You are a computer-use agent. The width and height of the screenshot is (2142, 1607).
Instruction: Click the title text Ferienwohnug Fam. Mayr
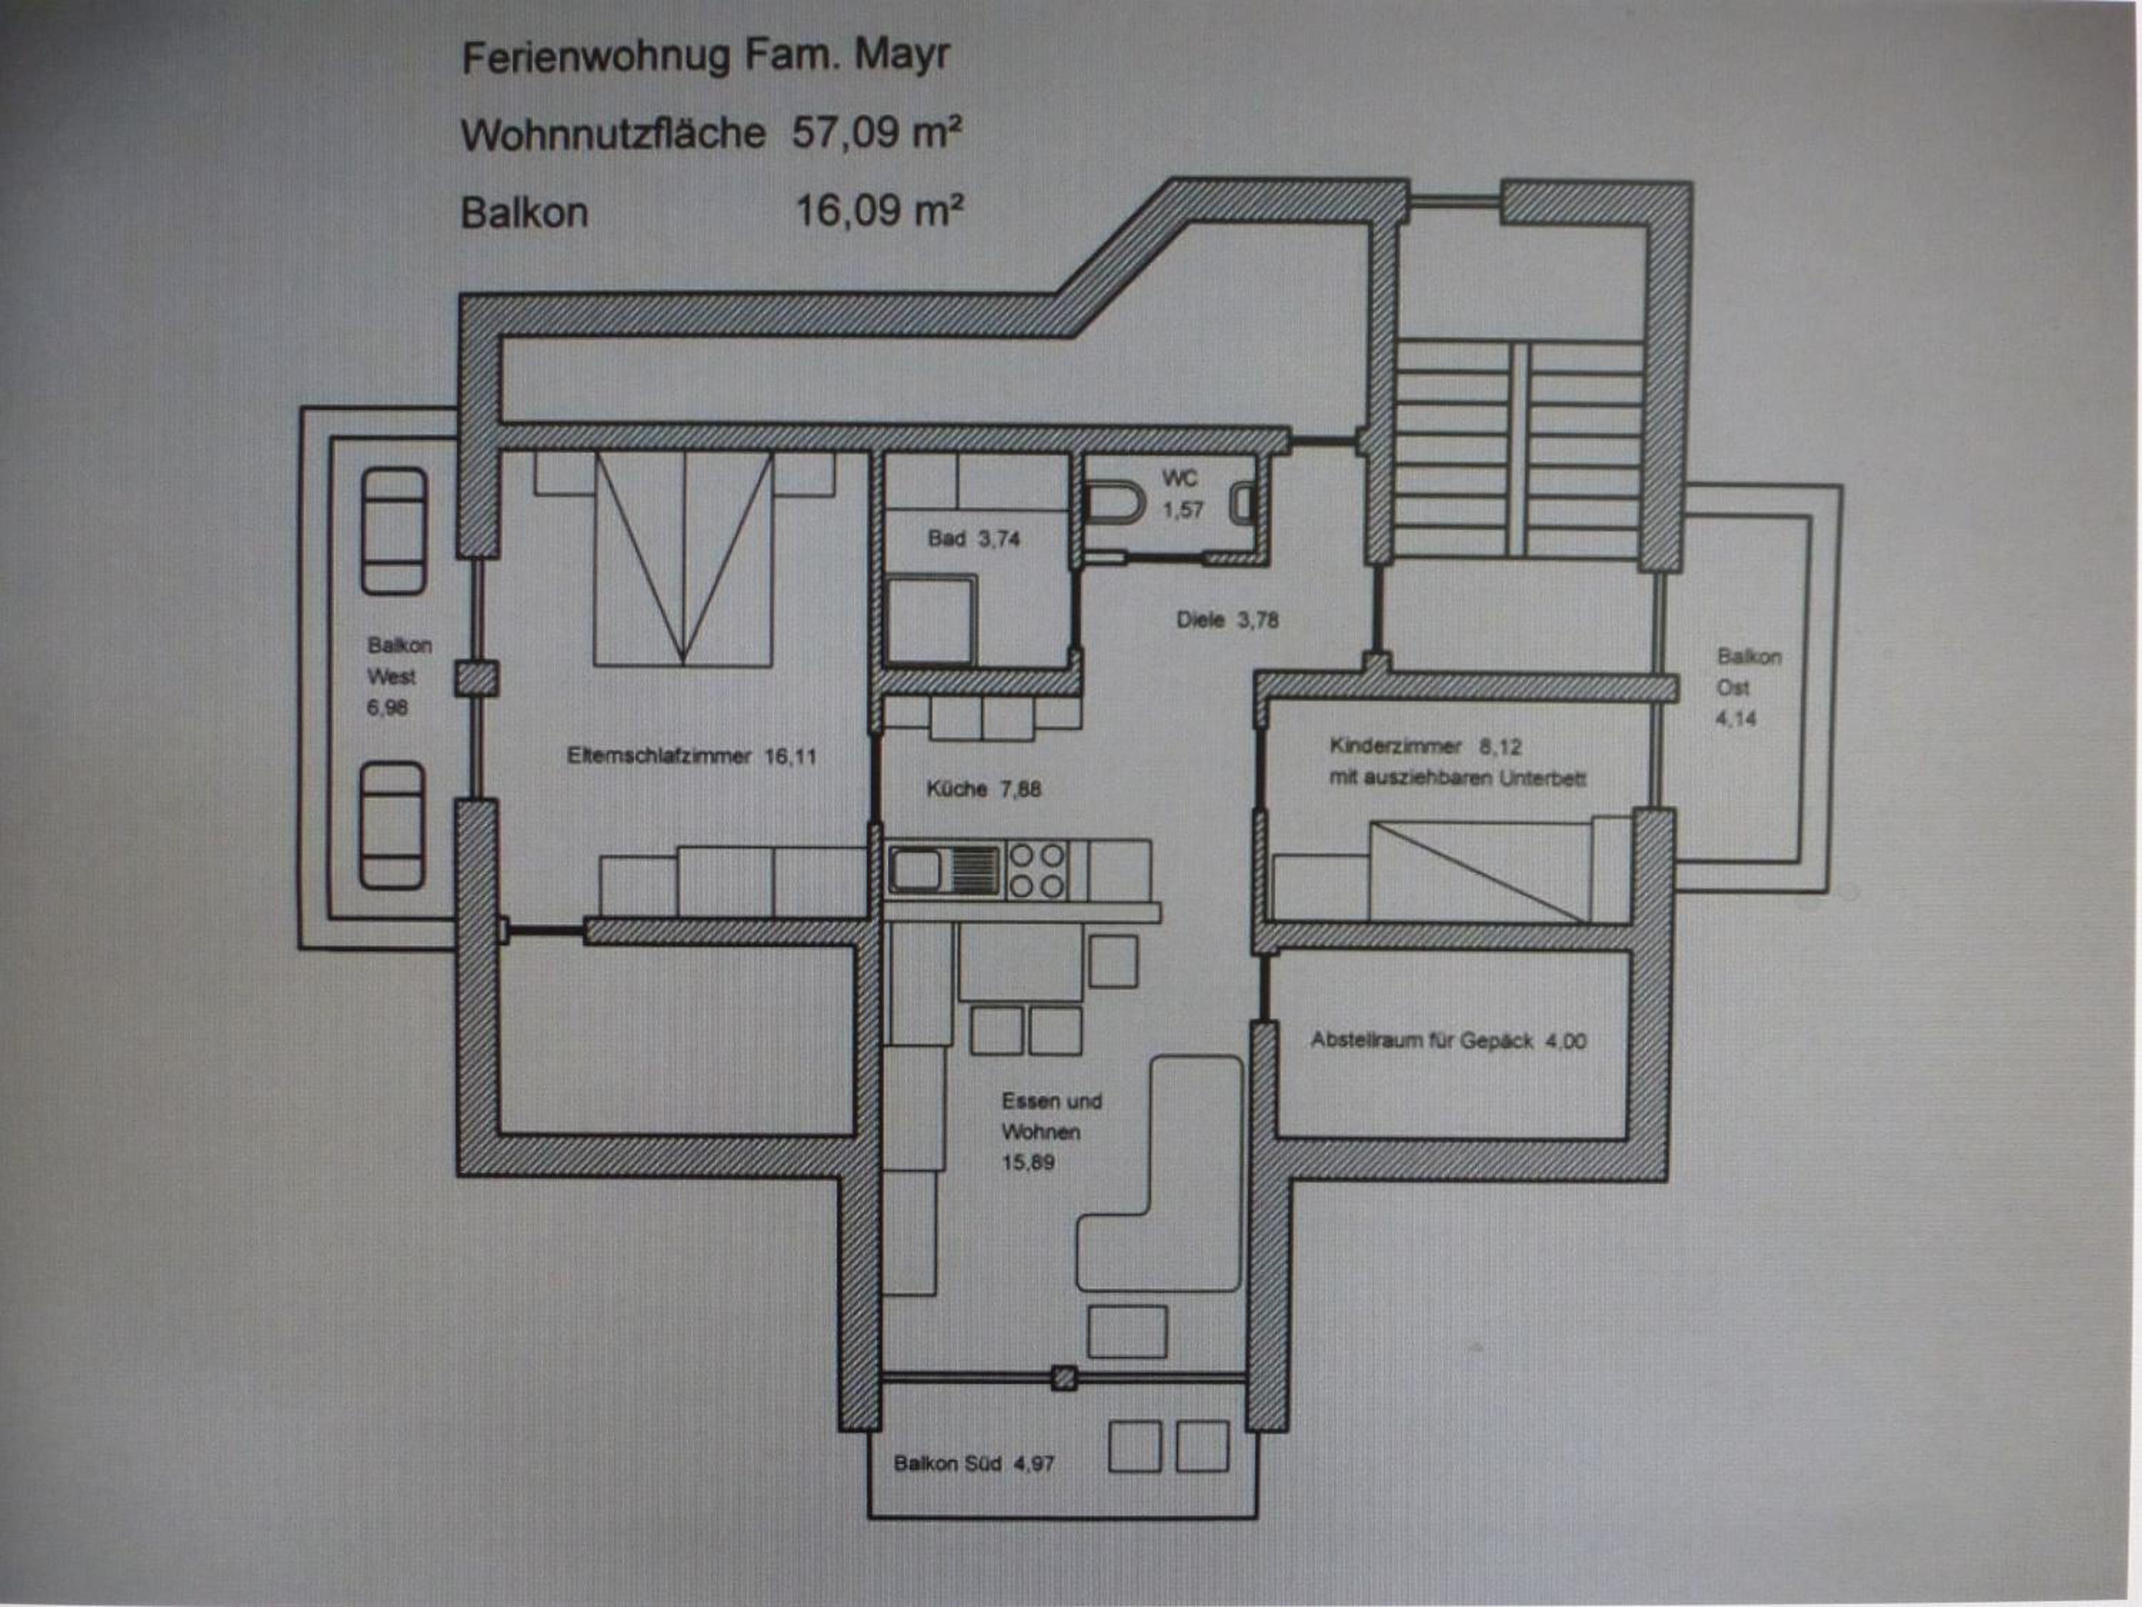click(x=706, y=56)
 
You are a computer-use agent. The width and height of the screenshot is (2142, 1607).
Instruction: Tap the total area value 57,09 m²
click(x=878, y=131)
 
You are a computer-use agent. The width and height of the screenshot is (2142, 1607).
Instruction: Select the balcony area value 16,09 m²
click(x=879, y=209)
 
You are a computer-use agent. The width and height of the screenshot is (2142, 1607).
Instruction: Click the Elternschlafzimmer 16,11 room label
click(x=691, y=756)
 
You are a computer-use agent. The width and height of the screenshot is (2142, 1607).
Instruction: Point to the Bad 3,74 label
click(x=973, y=539)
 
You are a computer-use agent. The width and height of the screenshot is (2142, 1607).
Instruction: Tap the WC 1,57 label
click(x=1182, y=493)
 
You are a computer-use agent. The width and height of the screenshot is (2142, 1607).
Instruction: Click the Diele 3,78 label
click(x=1227, y=619)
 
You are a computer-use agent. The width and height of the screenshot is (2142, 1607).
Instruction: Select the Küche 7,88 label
click(x=983, y=789)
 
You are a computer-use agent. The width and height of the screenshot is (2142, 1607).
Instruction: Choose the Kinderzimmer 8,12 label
click(x=1424, y=746)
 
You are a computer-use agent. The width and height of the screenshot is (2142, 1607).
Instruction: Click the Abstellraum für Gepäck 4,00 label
click(x=1448, y=1041)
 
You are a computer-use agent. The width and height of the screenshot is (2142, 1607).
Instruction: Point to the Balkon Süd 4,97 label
click(x=973, y=1463)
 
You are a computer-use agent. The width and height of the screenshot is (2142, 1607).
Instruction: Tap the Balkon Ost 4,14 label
click(x=1748, y=687)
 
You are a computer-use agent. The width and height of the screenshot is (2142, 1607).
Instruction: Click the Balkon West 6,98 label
click(x=398, y=676)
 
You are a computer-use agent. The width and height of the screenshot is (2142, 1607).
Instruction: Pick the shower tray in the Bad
click(x=930, y=620)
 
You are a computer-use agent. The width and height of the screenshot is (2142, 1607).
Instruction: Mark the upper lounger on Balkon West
click(x=394, y=531)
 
